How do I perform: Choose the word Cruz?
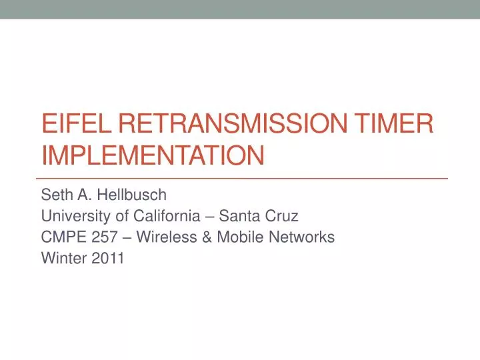tap(282, 216)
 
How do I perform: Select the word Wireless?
tap(163, 237)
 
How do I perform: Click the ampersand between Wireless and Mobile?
tap(204, 237)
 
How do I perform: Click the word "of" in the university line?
tap(115, 216)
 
